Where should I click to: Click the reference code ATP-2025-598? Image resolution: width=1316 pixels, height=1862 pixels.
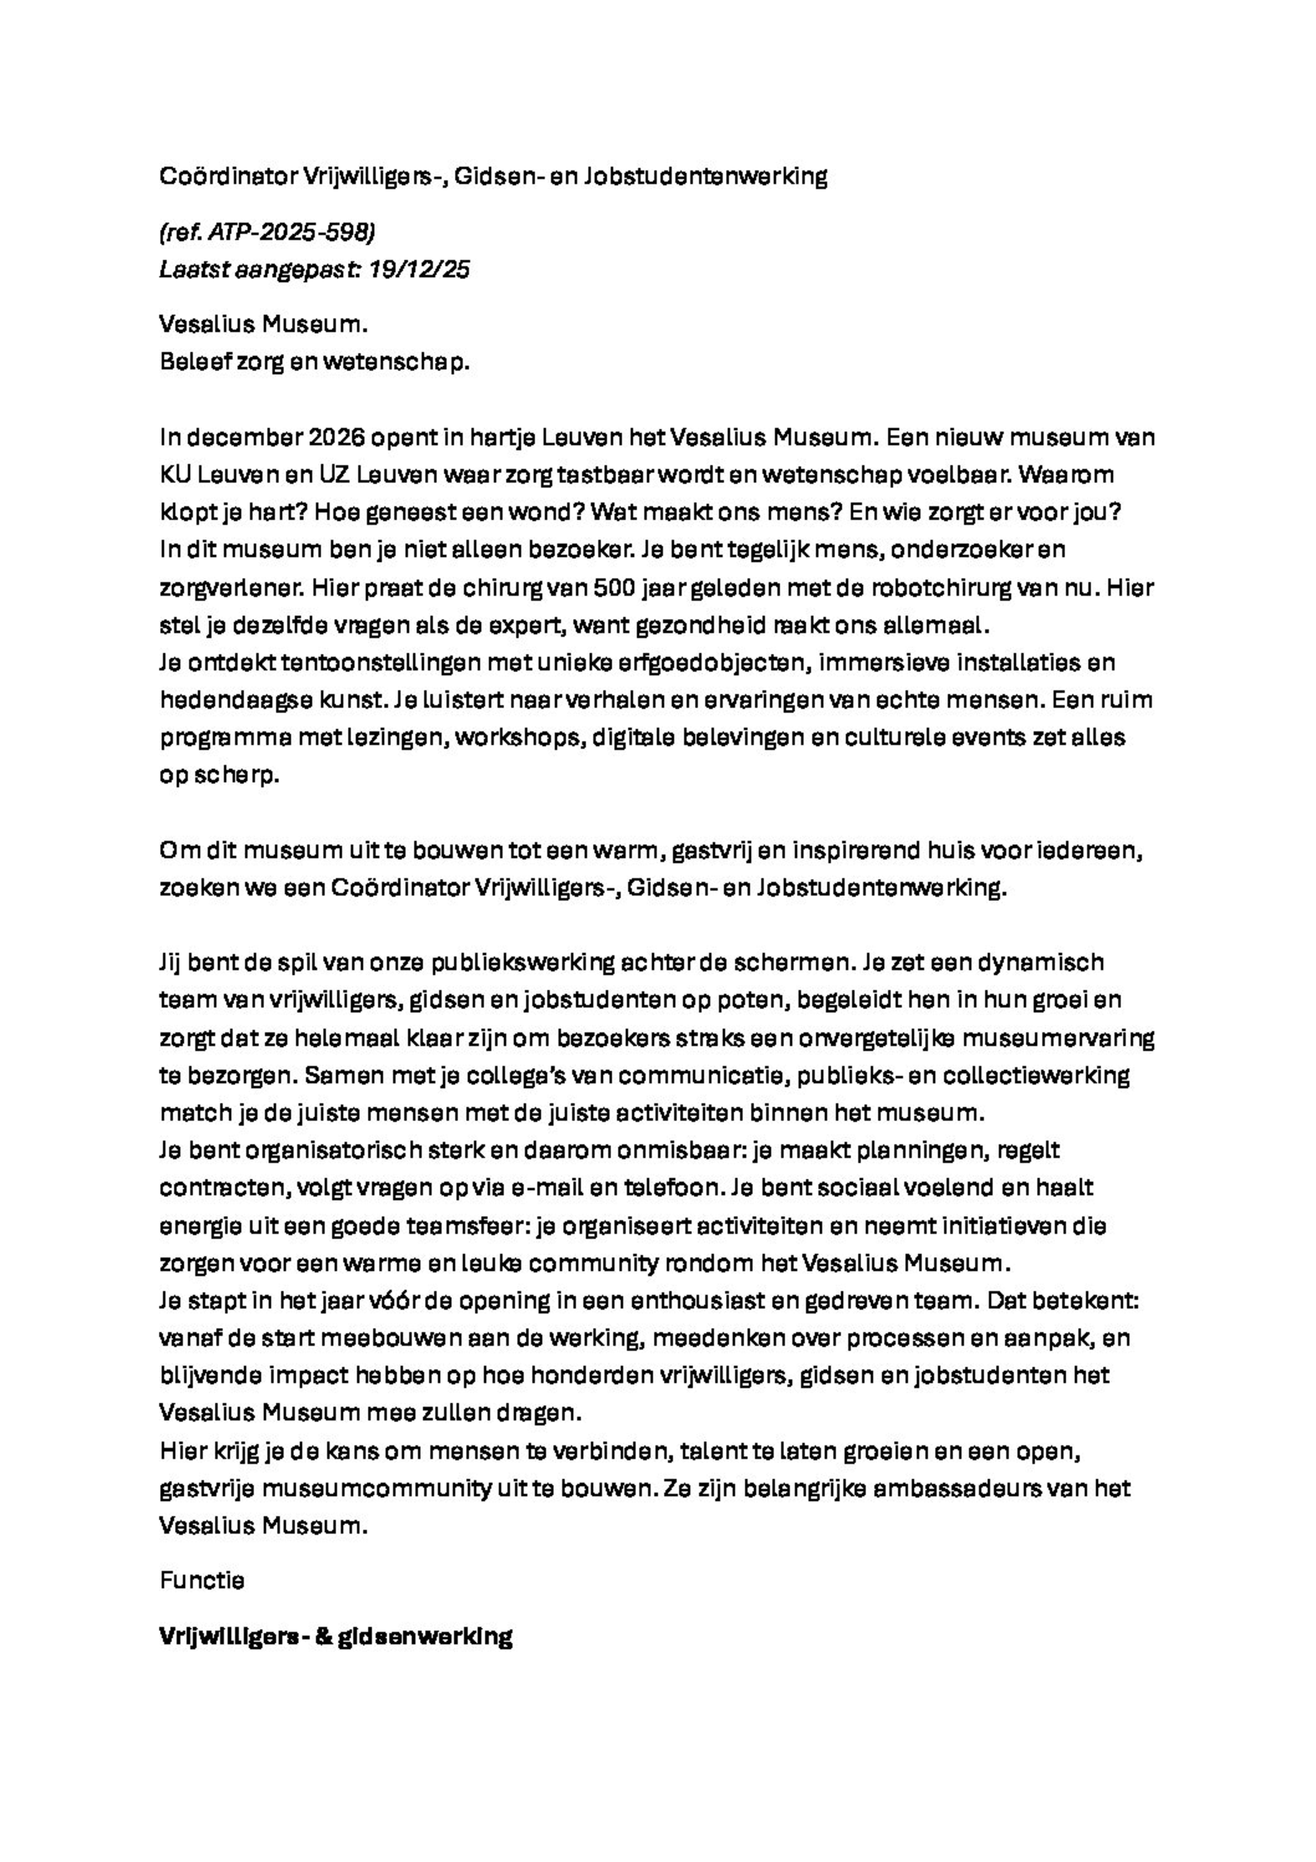291,233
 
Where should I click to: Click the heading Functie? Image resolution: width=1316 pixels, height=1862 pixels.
202,1581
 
